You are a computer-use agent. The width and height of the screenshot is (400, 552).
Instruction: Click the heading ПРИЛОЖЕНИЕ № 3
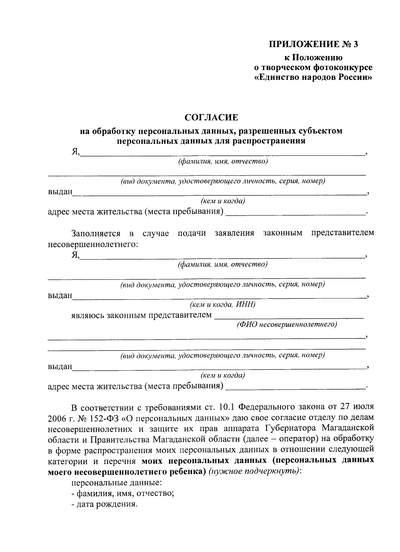[313, 45]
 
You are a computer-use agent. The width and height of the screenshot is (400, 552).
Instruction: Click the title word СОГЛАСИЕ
[212, 117]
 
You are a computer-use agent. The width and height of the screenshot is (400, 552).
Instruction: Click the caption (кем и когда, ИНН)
[222, 304]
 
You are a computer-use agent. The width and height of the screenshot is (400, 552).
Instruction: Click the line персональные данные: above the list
[117, 483]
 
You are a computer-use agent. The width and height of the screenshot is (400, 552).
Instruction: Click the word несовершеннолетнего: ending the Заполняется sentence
[93, 244]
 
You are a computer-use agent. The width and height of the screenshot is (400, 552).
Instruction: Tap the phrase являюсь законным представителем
[142, 315]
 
